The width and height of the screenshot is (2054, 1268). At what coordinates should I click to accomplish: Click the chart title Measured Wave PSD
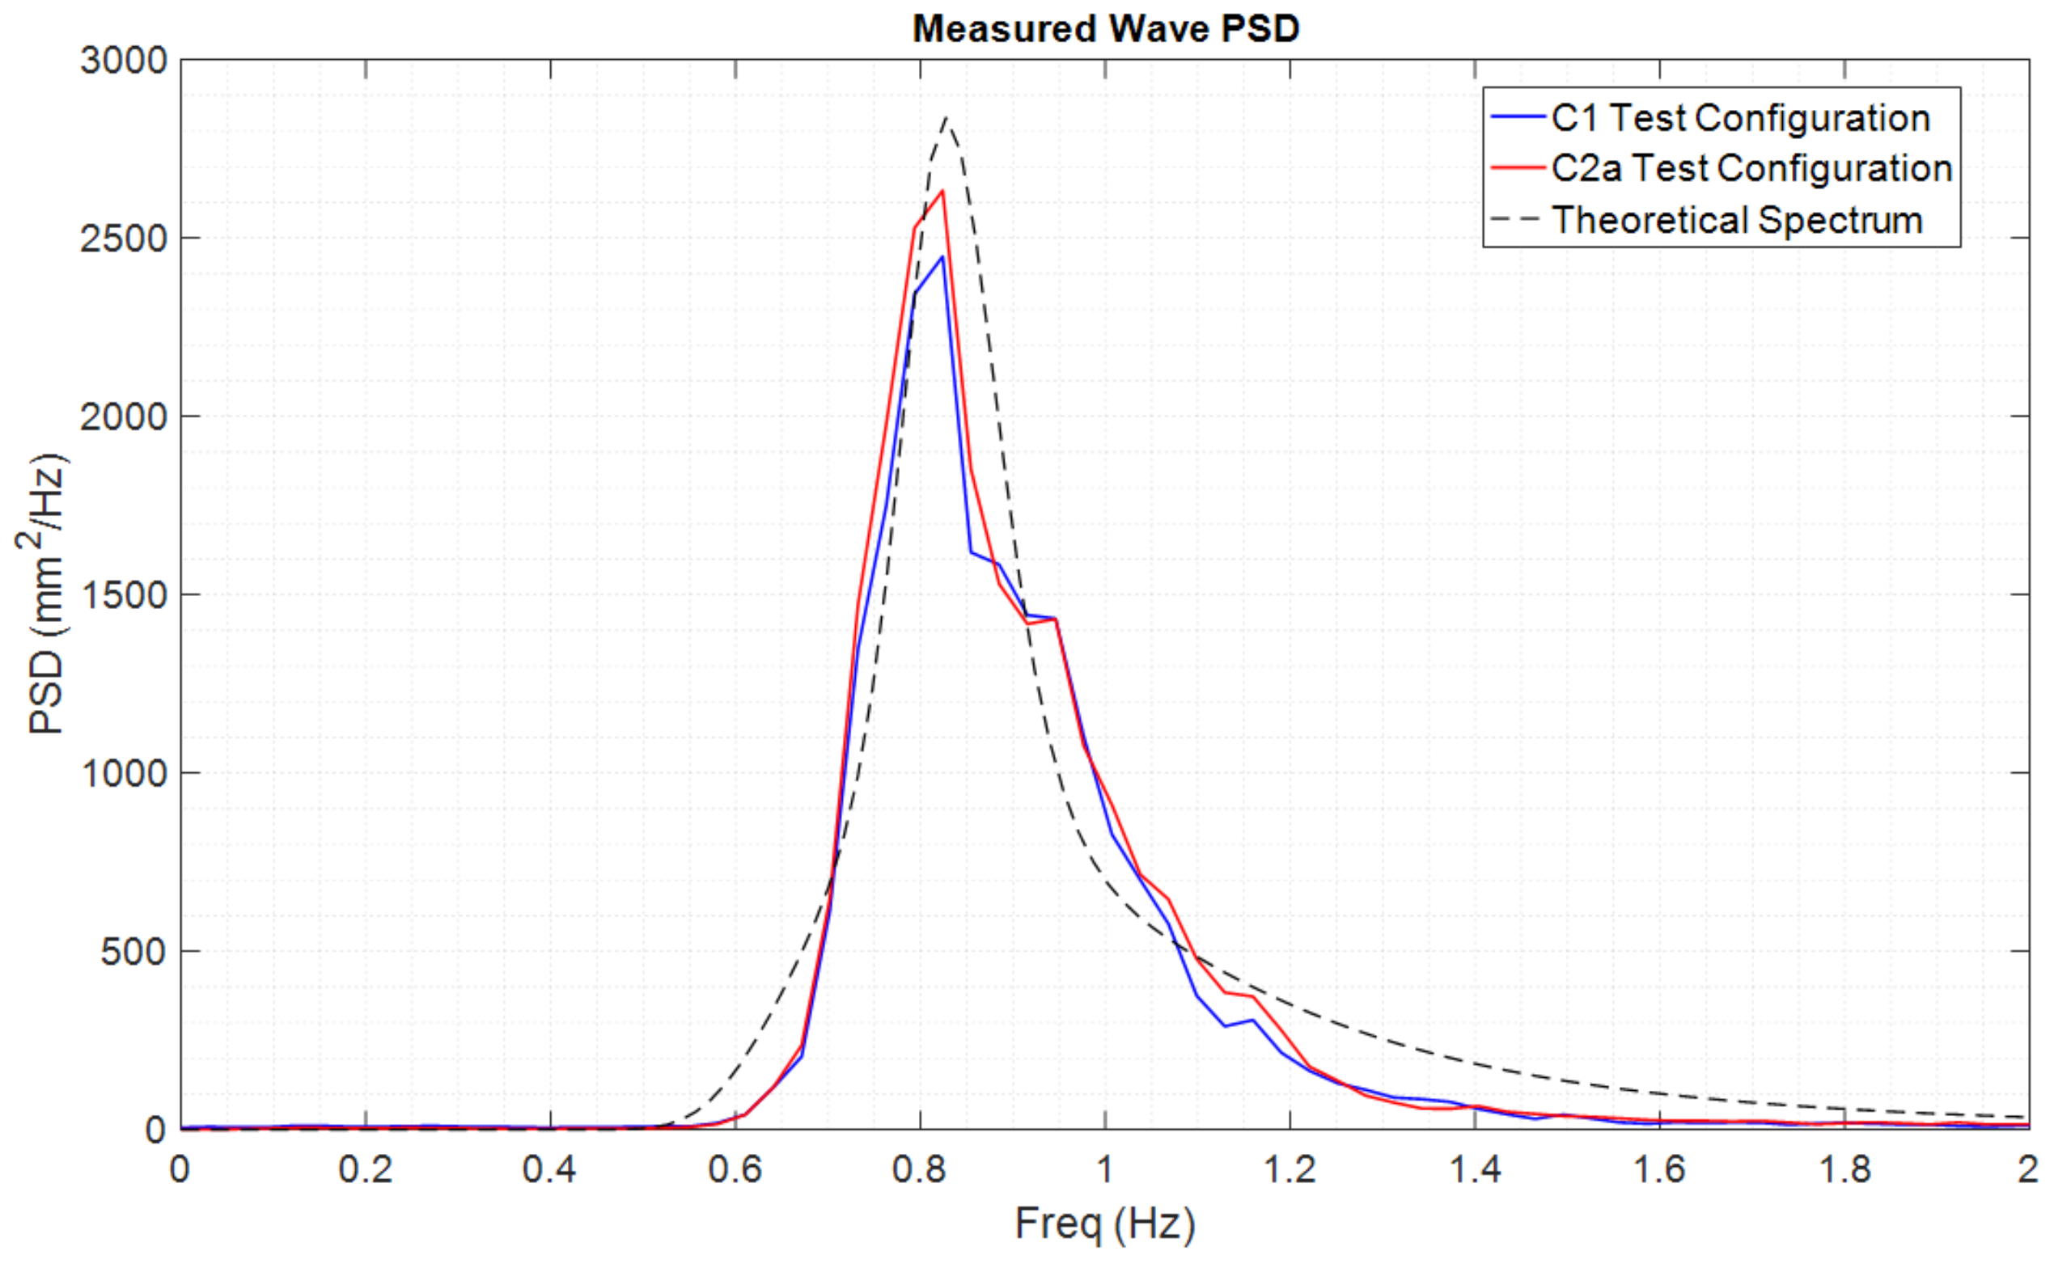1105,29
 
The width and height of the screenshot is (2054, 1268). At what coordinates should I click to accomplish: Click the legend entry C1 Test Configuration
1740,118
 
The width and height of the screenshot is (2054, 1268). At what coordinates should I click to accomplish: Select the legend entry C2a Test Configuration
1751,168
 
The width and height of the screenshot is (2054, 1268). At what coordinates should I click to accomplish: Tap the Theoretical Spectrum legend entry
1737,221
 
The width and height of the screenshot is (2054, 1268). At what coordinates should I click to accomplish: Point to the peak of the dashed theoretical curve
947,117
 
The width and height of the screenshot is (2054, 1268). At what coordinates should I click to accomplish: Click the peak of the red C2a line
942,191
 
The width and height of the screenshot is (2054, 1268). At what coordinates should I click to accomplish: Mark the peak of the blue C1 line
942,256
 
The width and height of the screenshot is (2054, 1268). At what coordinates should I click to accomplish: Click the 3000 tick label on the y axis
124,61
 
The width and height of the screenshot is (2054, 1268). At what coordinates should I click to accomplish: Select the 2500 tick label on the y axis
124,239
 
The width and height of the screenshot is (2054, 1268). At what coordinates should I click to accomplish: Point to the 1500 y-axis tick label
124,595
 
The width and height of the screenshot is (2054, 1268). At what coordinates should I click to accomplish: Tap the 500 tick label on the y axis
134,952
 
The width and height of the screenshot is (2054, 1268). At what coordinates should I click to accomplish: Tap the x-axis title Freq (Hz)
1104,1224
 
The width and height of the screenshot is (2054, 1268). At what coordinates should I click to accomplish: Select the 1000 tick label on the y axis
124,773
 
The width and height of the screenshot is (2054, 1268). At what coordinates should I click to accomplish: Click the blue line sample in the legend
1518,118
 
